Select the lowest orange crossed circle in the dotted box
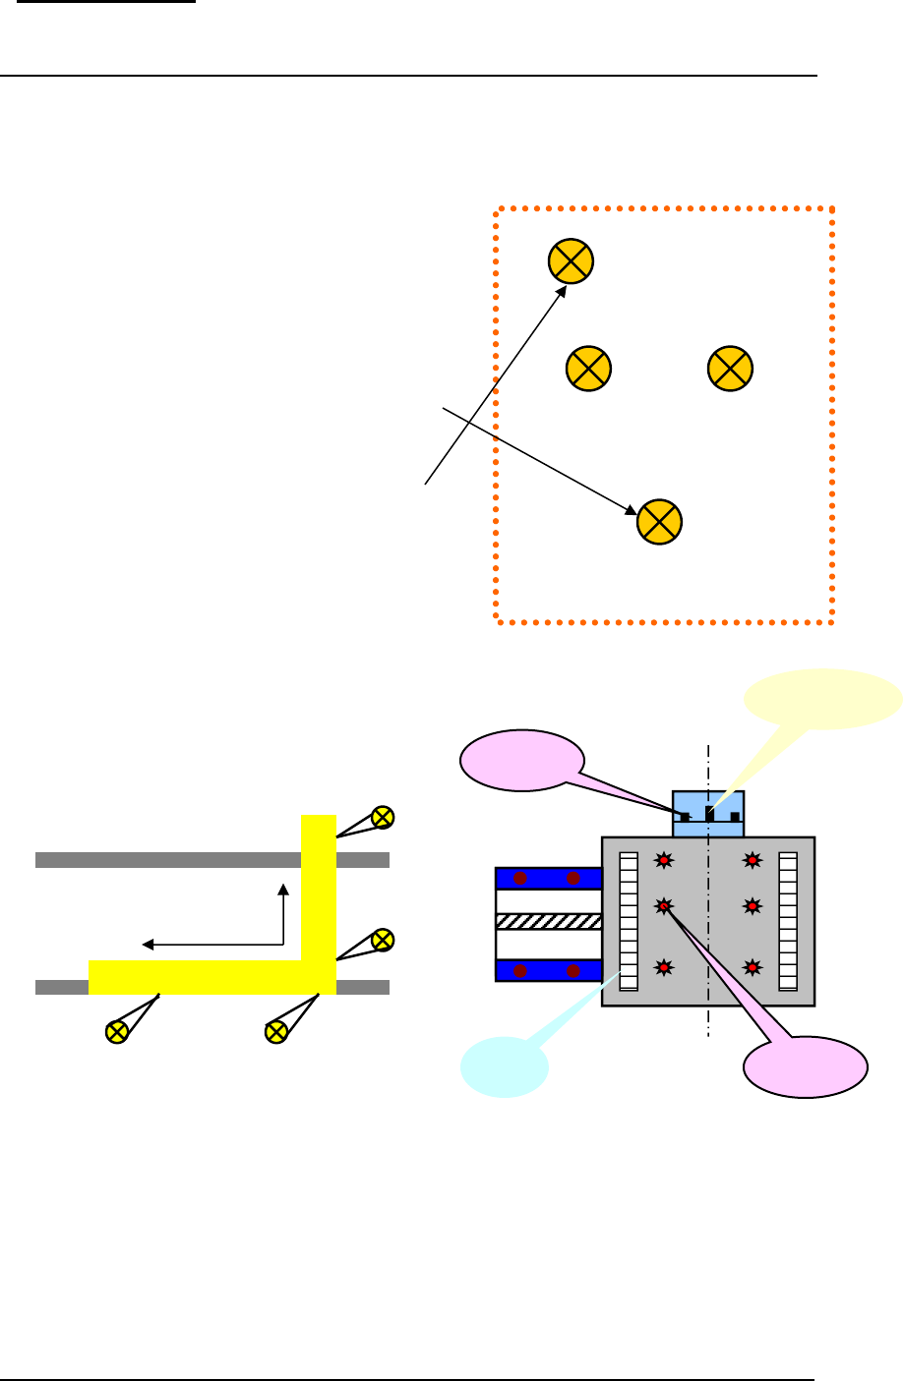(x=660, y=521)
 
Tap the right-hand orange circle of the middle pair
(x=730, y=368)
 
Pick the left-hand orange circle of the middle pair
(x=588, y=368)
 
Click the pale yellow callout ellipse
(x=823, y=699)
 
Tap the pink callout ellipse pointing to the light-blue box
(x=522, y=760)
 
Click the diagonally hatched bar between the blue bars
(x=548, y=922)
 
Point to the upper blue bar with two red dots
(x=548, y=879)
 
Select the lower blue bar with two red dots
(x=548, y=970)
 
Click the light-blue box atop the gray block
(x=708, y=813)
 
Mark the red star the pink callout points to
(x=665, y=905)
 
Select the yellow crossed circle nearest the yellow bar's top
(x=383, y=816)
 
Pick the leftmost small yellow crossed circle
(x=117, y=1031)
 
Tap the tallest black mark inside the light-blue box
(x=709, y=813)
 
